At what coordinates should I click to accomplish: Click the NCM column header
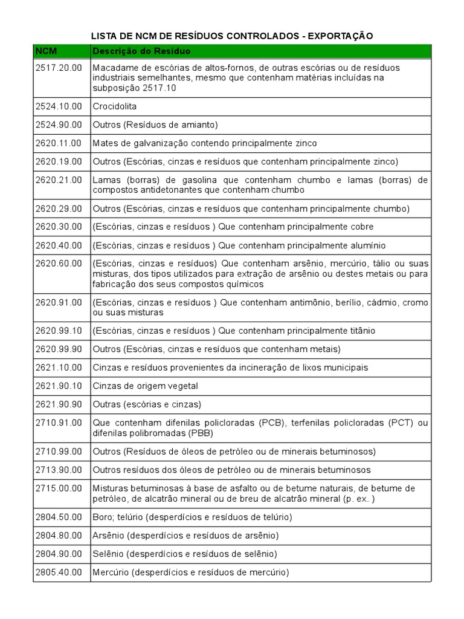coord(46,51)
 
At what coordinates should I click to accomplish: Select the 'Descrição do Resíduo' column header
coord(141,51)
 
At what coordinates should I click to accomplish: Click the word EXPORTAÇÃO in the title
coord(341,36)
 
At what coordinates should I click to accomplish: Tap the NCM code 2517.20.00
coord(58,68)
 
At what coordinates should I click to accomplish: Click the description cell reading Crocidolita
coord(115,106)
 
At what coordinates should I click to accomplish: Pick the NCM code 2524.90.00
coord(58,125)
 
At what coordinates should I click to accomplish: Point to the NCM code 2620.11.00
coord(58,143)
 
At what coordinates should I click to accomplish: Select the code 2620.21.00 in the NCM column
coord(58,180)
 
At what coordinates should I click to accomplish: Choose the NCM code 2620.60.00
coord(58,264)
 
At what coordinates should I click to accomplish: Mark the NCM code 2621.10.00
coord(58,368)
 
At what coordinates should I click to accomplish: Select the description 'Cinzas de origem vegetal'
coord(145,386)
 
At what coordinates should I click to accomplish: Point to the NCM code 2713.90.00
coord(58,470)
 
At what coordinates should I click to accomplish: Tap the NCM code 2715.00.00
coord(58,488)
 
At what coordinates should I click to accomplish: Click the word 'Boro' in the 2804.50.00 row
coord(103,517)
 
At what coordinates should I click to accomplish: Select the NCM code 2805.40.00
coord(58,572)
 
